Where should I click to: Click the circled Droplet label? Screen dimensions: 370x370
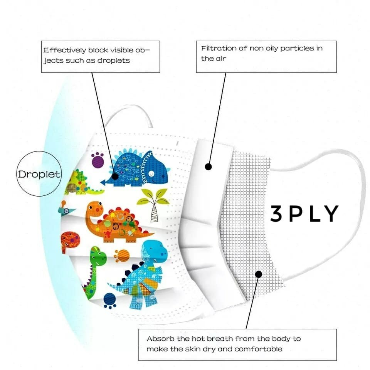pyautogui.click(x=39, y=174)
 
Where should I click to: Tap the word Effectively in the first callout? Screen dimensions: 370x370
pyautogui.click(x=65, y=50)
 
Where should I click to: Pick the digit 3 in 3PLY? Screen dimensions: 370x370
pyautogui.click(x=276, y=214)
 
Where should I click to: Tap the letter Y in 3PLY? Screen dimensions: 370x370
pyautogui.click(x=331, y=214)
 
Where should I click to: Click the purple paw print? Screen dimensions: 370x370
pyautogui.click(x=98, y=160)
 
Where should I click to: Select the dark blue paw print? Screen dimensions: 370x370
pyautogui.click(x=110, y=299)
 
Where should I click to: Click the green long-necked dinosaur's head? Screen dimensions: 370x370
pyautogui.click(x=98, y=255)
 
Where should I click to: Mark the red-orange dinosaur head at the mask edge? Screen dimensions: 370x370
pyautogui.click(x=70, y=240)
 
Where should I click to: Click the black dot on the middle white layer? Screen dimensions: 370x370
pyautogui.click(x=209, y=167)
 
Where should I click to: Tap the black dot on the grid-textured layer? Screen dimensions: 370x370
pyautogui.click(x=259, y=274)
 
